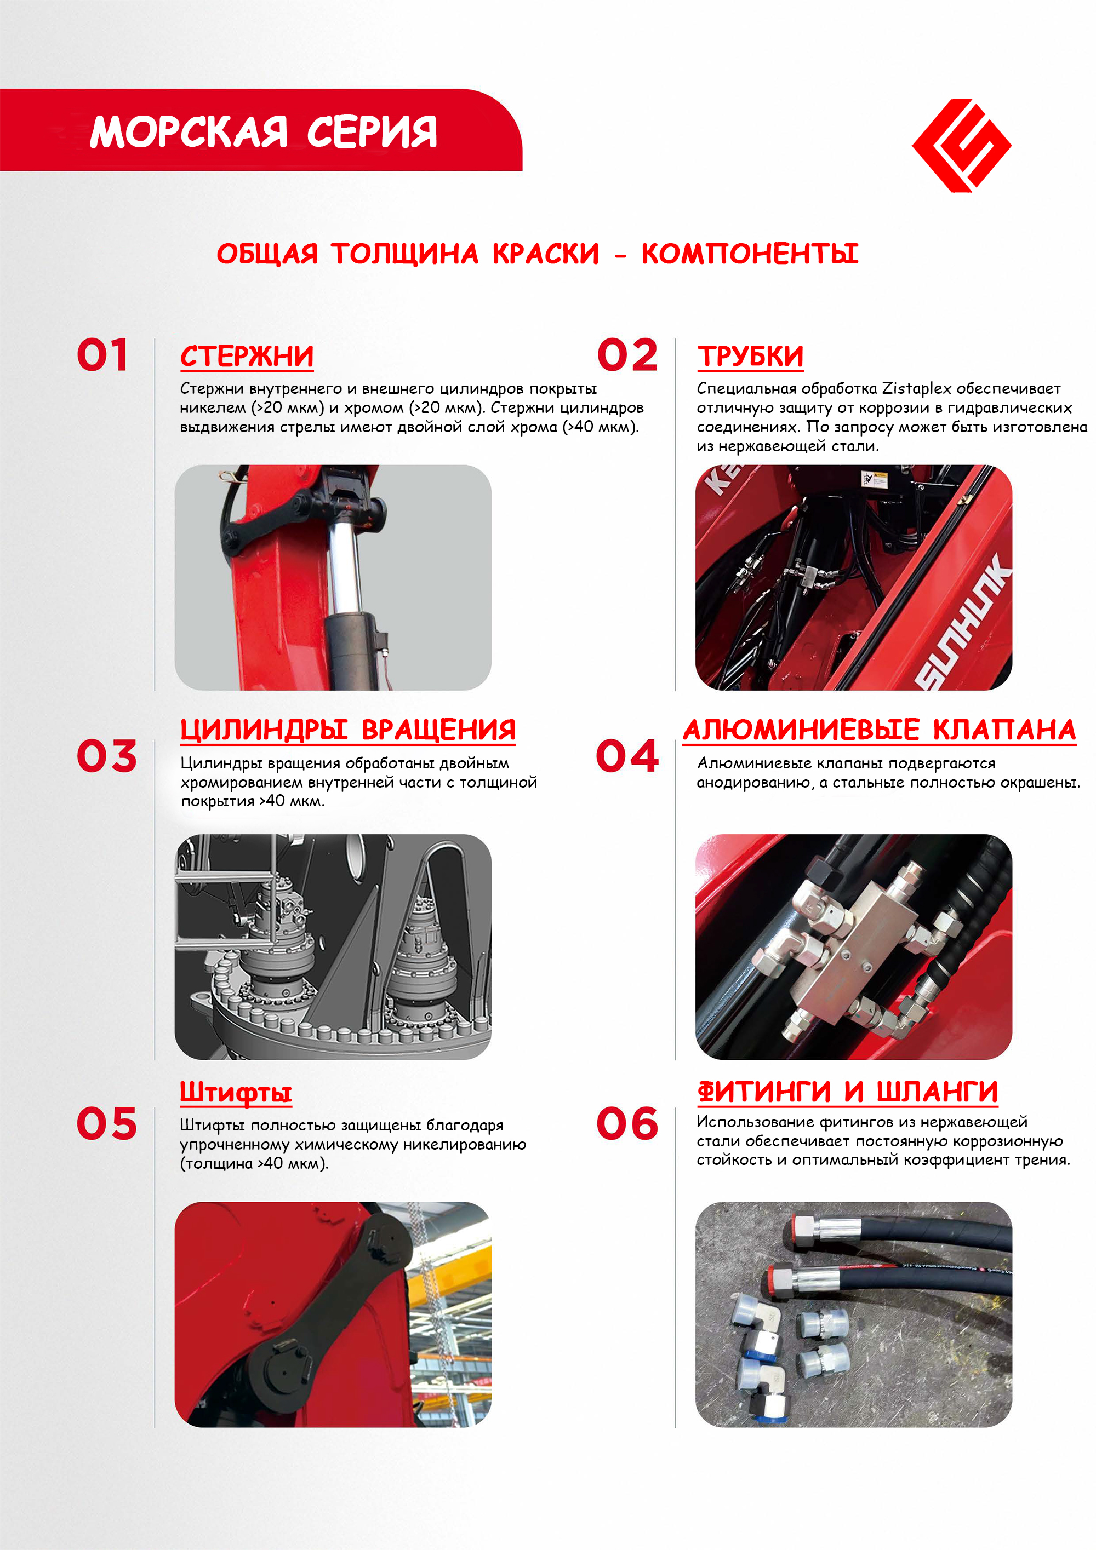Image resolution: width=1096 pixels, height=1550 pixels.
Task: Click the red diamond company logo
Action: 961,145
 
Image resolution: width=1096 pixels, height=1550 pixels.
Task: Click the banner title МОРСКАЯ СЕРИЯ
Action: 264,131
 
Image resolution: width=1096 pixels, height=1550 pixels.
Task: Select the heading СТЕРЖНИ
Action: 247,357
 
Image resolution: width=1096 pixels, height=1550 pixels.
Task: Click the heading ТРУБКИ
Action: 750,357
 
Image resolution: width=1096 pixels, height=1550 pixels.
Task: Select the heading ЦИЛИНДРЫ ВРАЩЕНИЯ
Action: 348,730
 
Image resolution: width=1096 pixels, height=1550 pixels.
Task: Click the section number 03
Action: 107,756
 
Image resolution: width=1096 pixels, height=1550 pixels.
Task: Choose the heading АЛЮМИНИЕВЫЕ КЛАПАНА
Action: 879,730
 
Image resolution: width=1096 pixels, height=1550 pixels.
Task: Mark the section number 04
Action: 627,756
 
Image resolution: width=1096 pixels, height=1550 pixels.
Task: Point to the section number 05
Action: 107,1124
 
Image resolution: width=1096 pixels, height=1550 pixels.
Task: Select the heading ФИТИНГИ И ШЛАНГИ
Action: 848,1092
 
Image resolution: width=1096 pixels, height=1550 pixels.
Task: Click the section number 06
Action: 627,1124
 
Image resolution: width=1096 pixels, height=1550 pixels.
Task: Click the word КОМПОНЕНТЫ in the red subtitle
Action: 750,254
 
